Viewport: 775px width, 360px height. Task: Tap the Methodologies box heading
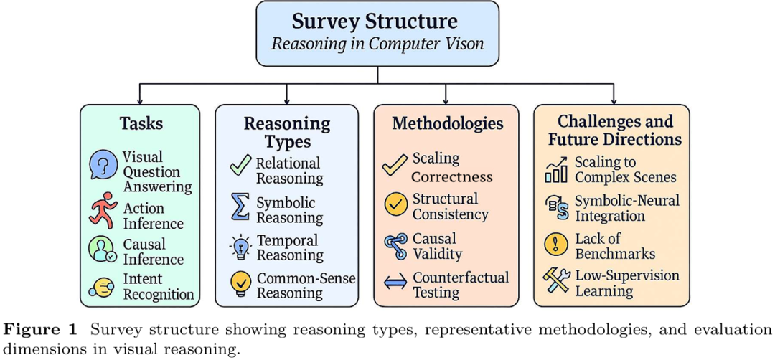click(447, 123)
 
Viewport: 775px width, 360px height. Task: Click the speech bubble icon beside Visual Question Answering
click(103, 165)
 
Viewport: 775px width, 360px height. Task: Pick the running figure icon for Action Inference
click(103, 210)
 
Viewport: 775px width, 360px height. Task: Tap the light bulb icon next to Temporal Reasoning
click(240, 246)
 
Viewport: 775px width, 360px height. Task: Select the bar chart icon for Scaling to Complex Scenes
click(556, 169)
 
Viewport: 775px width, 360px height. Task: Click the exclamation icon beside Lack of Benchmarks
click(556, 245)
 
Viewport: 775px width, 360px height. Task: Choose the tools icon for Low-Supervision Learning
click(557, 282)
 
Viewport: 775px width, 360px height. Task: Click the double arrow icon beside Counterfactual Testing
click(395, 283)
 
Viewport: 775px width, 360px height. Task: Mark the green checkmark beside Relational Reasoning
click(240, 166)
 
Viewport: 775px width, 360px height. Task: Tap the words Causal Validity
click(437, 245)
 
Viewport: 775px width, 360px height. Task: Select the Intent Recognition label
click(159, 286)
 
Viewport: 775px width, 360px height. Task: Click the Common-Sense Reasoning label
click(306, 285)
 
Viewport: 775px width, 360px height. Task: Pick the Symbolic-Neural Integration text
click(626, 207)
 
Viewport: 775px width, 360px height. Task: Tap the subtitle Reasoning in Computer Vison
click(377, 43)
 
